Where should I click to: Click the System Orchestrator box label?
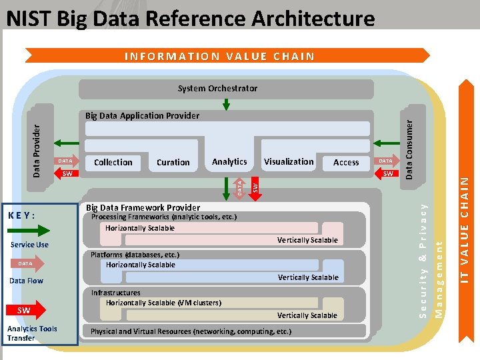pos(217,88)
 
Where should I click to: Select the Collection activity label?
pos(113,162)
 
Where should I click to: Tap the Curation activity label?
pos(173,163)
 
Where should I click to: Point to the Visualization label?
pos(289,161)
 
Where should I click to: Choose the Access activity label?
pos(346,163)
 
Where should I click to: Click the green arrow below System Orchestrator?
pos(227,104)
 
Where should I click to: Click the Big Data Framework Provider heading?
pos(139,207)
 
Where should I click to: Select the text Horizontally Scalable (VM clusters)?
pos(163,303)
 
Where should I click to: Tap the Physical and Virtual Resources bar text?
pos(191,331)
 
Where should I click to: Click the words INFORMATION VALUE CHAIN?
pos(219,56)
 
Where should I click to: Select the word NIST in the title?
pos(28,18)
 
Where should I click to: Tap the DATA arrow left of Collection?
pos(66,161)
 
